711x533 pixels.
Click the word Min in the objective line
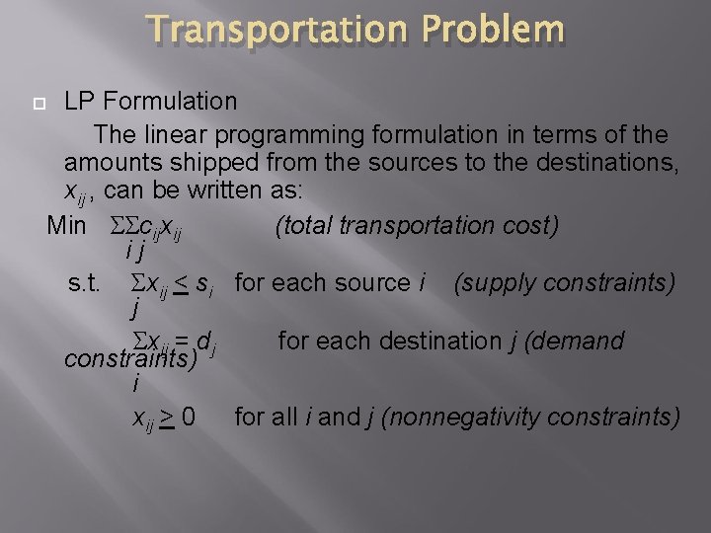pyautogui.click(x=67, y=225)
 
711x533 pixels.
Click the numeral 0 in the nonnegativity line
pyautogui.click(x=187, y=417)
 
